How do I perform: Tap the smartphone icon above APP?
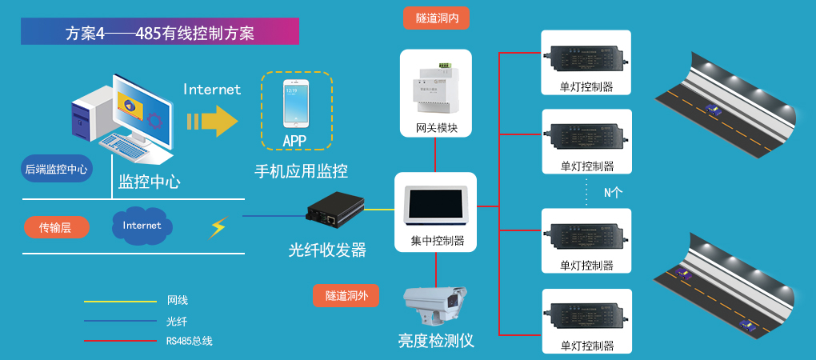point(295,103)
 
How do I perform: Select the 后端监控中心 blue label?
point(56,170)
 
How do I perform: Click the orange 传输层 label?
point(55,227)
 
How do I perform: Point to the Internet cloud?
point(142,225)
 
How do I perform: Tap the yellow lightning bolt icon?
point(218,227)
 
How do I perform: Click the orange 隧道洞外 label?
point(346,296)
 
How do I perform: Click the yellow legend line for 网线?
point(120,302)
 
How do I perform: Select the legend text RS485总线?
point(190,341)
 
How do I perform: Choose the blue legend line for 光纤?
point(120,322)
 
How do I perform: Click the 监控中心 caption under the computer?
point(150,182)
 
